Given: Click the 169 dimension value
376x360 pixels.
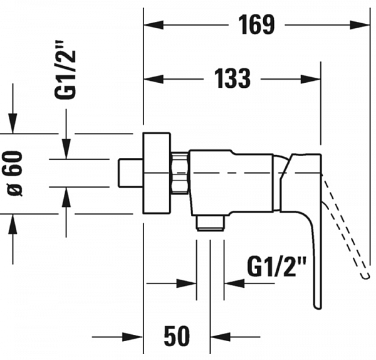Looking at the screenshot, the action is coord(256,24).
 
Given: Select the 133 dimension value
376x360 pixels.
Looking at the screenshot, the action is coord(232,78).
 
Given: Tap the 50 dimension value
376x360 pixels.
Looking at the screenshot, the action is coord(177,336).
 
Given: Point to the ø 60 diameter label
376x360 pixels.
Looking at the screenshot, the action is coord(14,173).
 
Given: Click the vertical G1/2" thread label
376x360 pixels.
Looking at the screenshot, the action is coord(65,70).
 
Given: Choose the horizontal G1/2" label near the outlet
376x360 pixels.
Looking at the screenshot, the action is coord(277,267).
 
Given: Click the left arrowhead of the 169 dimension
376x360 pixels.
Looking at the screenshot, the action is coord(154,24).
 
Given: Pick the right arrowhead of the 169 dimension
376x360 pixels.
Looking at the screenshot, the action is coord(359,24).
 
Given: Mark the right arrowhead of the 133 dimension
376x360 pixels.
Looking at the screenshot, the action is coord(311,79).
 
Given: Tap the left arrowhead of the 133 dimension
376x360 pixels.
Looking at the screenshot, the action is coord(154,79).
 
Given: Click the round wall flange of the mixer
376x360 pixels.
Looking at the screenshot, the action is coord(157,173).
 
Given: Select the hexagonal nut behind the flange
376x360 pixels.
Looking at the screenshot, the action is coord(180,173).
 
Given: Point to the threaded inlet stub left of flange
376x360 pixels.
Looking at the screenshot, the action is coord(131,173).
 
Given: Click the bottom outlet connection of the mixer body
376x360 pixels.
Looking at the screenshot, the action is coord(211,223).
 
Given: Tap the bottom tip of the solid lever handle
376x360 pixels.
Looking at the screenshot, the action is coord(317,308).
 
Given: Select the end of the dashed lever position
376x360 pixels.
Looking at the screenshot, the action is coord(365,277).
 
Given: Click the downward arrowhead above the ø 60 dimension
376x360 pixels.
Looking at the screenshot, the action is coord(13,123).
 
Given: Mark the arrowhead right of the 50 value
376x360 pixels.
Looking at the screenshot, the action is coord(221,337).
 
